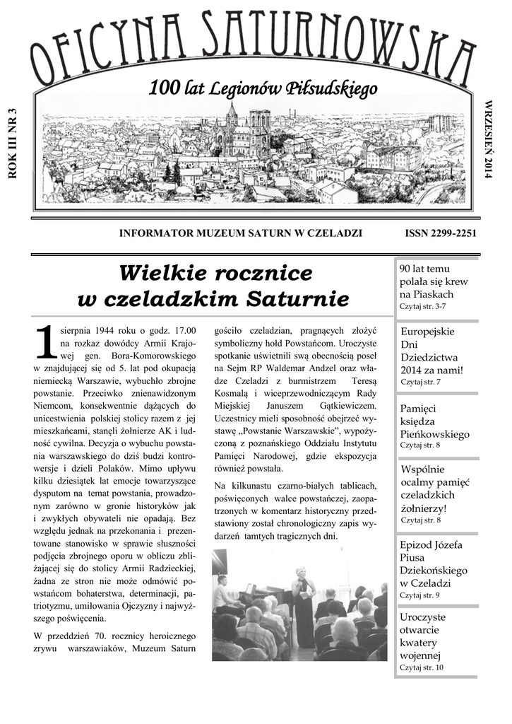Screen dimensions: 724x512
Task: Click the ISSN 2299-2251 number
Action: coord(441,233)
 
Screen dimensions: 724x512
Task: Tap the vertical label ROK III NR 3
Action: coord(11,145)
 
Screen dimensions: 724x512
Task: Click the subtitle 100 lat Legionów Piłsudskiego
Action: coord(263,89)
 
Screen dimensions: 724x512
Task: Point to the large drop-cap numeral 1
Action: coord(45,342)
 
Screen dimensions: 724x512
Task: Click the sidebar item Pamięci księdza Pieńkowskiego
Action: coord(434,421)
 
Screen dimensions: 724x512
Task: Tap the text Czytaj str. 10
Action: coord(422,667)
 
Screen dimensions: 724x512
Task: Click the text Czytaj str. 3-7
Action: coord(423,306)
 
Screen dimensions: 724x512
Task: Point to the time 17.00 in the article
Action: coord(183,330)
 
